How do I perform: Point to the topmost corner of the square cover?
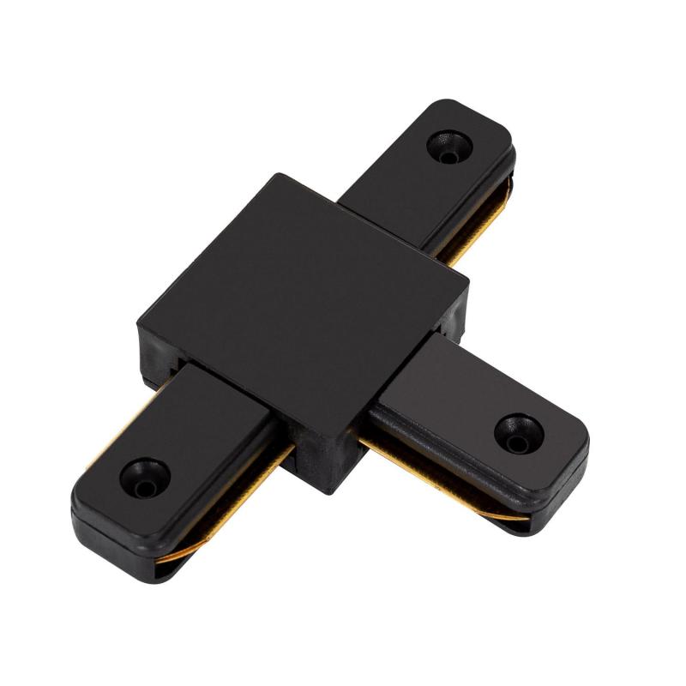pyautogui.click(x=276, y=175)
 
